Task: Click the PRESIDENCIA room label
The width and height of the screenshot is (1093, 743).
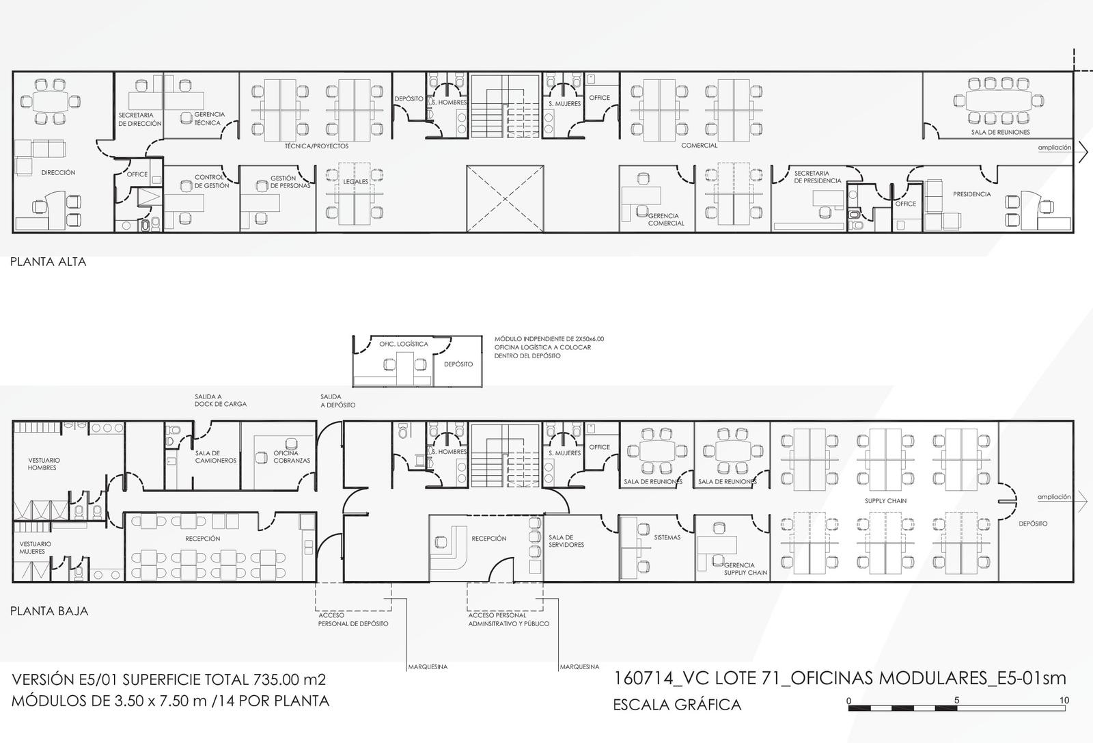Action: (972, 194)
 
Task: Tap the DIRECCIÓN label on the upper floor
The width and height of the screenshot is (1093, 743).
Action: (58, 172)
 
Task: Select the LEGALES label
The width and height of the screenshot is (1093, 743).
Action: (355, 182)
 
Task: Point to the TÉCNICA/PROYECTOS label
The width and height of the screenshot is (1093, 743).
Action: (317, 146)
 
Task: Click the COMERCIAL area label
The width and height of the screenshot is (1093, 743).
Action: (700, 146)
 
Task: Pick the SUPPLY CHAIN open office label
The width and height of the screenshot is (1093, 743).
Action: (885, 501)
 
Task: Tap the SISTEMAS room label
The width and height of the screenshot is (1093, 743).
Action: (667, 537)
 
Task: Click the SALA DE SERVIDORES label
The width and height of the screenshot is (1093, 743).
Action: (566, 541)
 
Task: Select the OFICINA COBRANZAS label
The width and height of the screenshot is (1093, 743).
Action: (291, 457)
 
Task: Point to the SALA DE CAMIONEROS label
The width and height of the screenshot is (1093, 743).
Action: (216, 457)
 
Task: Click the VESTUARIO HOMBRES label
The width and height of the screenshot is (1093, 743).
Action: (44, 463)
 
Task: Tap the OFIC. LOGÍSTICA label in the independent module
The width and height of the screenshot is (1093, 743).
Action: (404, 345)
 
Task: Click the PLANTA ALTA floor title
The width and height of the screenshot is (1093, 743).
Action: (49, 262)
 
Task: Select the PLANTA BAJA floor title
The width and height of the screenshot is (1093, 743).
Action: (49, 611)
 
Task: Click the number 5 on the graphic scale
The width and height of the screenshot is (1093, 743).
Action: (956, 700)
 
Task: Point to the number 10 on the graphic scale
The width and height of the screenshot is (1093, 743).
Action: (1064, 700)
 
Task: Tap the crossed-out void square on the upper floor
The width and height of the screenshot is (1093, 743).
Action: (505, 199)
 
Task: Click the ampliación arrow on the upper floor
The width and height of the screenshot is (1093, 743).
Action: (1083, 152)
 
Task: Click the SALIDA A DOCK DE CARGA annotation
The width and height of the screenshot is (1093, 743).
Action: (221, 401)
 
